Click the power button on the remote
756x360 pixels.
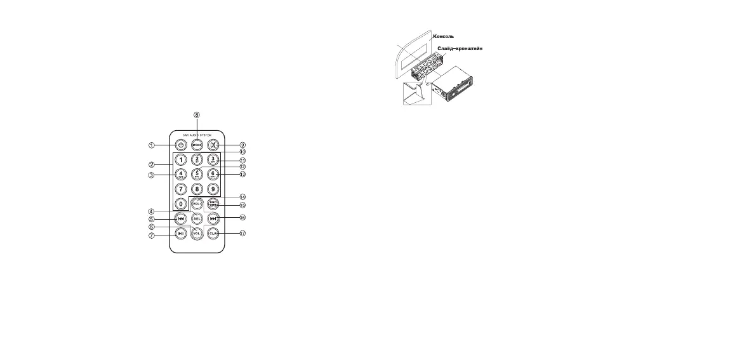point(181,145)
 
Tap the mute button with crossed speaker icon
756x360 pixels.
point(213,145)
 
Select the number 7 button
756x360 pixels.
point(181,189)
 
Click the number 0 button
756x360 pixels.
point(181,204)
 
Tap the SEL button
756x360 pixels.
point(197,218)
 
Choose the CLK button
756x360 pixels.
point(213,233)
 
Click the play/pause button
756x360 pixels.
point(181,233)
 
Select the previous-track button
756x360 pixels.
point(181,218)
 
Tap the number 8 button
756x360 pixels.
point(197,189)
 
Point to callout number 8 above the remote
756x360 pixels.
point(197,115)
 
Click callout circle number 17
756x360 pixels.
point(242,233)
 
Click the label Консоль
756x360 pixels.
point(448,36)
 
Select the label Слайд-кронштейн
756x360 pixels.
point(464,48)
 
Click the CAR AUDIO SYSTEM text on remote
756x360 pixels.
point(197,135)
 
